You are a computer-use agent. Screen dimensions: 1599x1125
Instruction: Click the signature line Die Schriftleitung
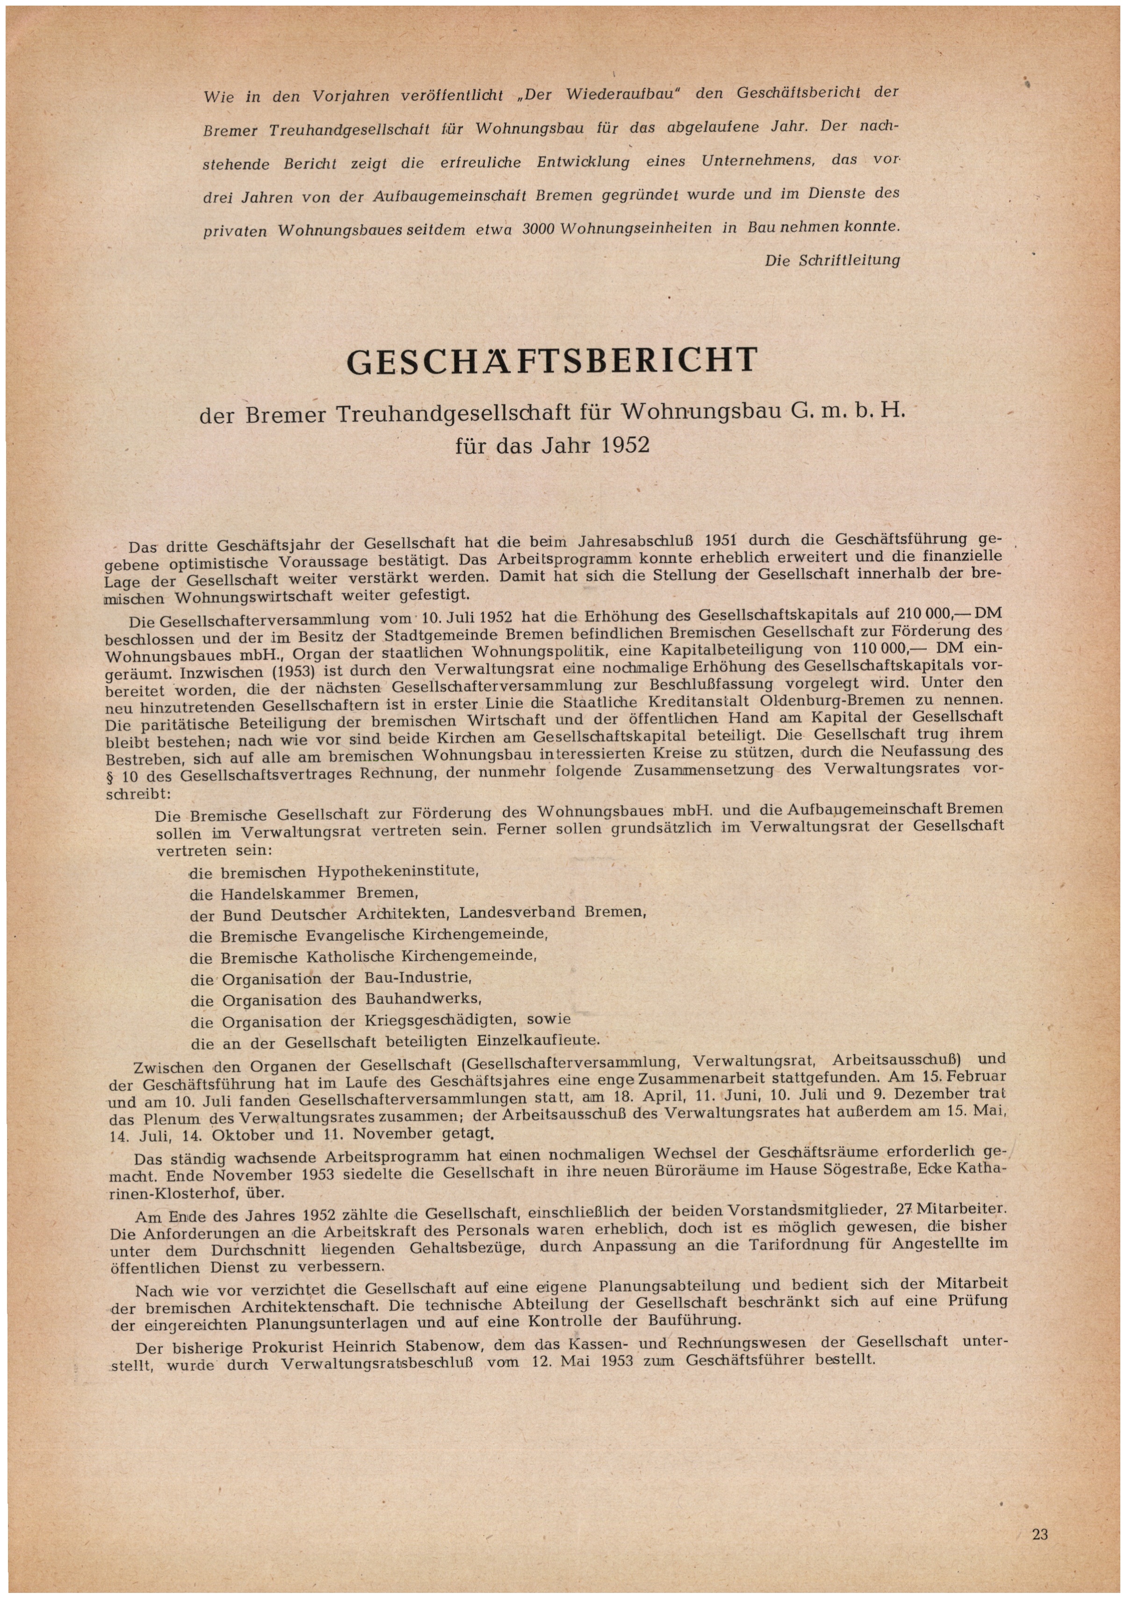[832, 260]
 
